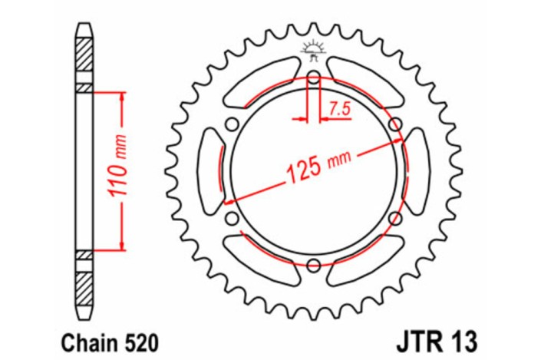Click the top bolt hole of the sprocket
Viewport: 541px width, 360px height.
coord(313,77)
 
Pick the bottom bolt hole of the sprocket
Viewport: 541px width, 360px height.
coord(313,266)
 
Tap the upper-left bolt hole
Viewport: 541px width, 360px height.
coord(232,124)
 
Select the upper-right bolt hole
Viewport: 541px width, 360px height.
coord(394,124)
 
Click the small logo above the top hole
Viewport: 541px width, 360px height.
coord(313,49)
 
